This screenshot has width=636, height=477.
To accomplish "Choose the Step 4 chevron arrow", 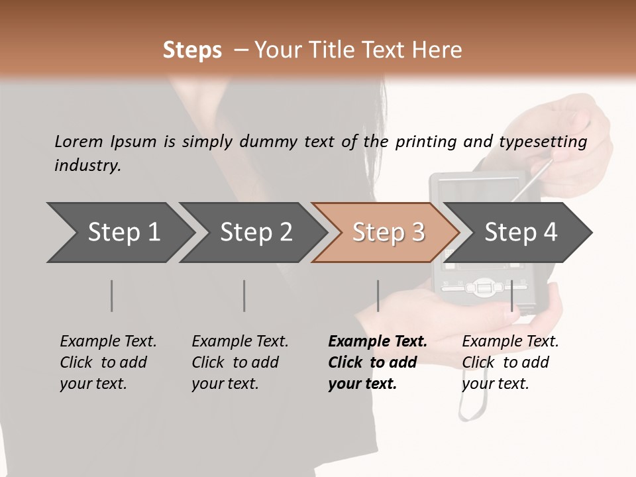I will (x=520, y=233).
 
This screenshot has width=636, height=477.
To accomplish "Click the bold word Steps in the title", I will (x=192, y=50).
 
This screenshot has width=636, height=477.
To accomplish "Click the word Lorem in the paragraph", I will (x=78, y=141).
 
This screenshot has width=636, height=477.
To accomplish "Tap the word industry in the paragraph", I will (x=87, y=166).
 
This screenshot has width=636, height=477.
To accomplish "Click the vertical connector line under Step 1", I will (x=112, y=295).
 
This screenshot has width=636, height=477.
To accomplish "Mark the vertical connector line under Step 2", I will (x=244, y=295).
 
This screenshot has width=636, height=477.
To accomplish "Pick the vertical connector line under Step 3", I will (x=378, y=295).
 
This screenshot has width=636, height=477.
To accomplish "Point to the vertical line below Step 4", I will (x=512, y=295).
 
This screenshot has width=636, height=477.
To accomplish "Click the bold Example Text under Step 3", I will (x=378, y=342).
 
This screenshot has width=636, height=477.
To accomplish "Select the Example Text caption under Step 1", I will (x=108, y=342).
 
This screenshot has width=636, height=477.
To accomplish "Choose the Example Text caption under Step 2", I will (x=240, y=342).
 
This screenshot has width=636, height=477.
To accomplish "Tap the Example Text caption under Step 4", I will (x=510, y=342).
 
